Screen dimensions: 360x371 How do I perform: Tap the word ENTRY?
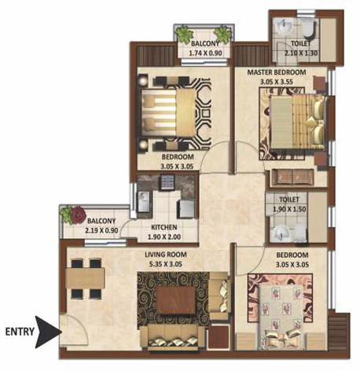tap(20, 332)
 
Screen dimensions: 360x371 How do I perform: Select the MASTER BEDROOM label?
tap(277, 72)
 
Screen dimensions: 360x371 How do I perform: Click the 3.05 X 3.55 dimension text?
tap(277, 82)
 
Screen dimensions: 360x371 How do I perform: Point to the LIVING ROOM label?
tap(166, 255)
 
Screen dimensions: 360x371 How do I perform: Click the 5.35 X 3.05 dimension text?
tap(166, 264)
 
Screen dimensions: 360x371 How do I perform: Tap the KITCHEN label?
tap(164, 227)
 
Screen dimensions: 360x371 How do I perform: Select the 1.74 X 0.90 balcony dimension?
tap(205, 53)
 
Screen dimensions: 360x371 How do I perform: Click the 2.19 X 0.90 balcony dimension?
tap(101, 230)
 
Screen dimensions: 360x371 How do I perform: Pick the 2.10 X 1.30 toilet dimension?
tap(301, 53)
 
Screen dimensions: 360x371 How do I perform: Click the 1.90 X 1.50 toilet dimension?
tap(289, 209)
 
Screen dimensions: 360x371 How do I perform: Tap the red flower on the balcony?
tap(78, 215)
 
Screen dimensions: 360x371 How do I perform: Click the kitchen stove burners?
tap(167, 182)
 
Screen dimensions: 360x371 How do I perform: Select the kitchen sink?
tap(143, 202)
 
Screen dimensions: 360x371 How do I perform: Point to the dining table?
tap(85, 278)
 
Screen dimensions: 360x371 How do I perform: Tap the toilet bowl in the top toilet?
tap(309, 28)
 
